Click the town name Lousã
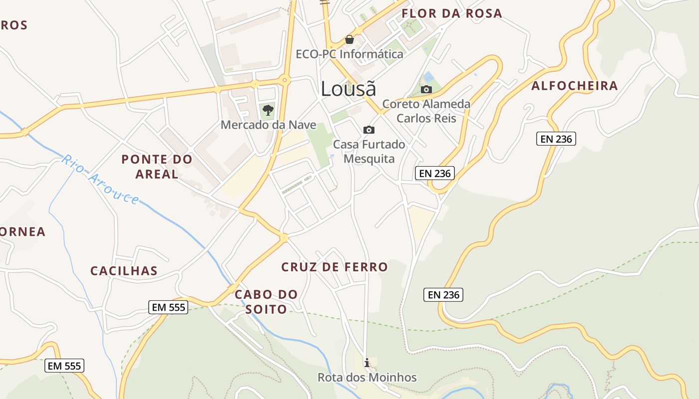(348, 89)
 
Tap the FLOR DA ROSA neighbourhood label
(452, 13)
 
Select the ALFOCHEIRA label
(575, 86)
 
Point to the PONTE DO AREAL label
(157, 167)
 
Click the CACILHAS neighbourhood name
(124, 271)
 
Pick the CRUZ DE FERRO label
(335, 267)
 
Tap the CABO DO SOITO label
(266, 302)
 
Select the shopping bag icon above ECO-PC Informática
(349, 39)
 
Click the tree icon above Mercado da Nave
(268, 110)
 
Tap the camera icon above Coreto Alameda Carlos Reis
(426, 90)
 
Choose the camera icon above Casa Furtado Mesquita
(369, 130)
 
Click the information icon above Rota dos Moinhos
(367, 363)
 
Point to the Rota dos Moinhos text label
(367, 378)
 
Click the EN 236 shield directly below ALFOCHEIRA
(556, 139)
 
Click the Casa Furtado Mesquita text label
(369, 152)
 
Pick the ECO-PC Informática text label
(349, 54)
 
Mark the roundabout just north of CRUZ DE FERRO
(284, 238)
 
